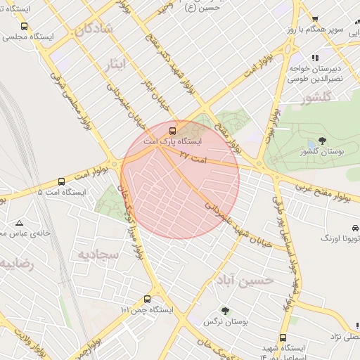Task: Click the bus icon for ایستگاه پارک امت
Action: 173,130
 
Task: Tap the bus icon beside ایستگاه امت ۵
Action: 61,181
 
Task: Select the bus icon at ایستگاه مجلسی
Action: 25,26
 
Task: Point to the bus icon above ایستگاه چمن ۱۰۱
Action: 146,299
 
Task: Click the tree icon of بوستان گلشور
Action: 322,141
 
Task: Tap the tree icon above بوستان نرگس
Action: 225,310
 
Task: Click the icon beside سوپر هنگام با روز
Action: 315,19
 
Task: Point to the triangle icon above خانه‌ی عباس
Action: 19,222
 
